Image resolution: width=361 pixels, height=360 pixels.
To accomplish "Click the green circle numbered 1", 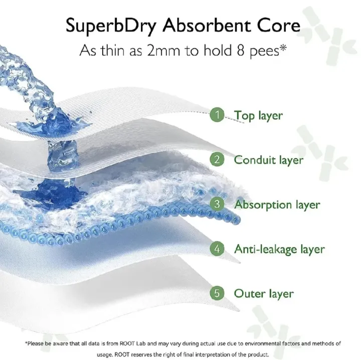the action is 217,115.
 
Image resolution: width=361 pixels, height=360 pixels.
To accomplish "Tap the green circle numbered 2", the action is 217,159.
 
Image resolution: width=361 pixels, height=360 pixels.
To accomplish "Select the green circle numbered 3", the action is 217,204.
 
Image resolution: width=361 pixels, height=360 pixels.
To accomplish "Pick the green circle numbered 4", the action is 217,248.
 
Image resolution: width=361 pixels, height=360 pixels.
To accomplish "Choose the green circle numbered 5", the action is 217,293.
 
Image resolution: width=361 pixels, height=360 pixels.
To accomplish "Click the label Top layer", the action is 258,116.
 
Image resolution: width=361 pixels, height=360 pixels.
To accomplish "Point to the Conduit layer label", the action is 269,160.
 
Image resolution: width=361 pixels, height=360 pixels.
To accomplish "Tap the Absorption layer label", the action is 277,205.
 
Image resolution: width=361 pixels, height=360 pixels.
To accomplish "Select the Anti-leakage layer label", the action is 279,249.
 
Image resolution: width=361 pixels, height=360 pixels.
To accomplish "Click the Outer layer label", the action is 264,294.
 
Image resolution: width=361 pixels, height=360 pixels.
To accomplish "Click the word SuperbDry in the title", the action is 111,26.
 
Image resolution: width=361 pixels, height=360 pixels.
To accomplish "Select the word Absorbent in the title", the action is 207,26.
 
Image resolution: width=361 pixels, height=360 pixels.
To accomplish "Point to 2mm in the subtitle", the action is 163,51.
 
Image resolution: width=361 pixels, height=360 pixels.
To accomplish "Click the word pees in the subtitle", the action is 265,52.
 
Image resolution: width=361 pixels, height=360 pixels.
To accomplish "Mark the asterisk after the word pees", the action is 283,48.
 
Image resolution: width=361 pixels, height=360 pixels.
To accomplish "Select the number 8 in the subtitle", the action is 241,51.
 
